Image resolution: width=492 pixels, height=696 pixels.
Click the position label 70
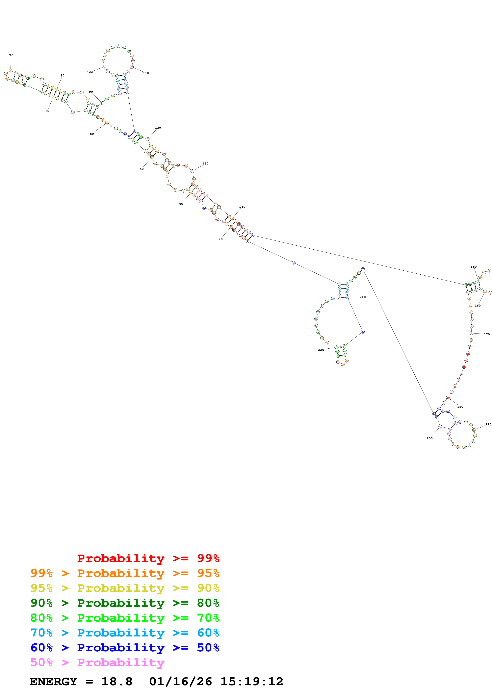pos(11,55)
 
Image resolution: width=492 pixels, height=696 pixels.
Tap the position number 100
pos(90,72)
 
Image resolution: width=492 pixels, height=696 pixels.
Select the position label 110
pos(146,73)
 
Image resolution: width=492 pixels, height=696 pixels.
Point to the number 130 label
pos(206,163)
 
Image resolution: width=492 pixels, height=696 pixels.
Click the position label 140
pos(242,207)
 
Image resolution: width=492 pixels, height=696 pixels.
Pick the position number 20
pos(220,239)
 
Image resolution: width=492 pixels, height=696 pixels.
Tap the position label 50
pos(92,134)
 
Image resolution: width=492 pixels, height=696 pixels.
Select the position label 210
pos(363,297)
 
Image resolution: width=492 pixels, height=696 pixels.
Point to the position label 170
pos(487,334)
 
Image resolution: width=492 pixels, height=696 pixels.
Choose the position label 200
pos(429,438)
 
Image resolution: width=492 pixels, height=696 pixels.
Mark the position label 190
pos(488,424)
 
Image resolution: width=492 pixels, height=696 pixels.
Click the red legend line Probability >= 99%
pos(148,558)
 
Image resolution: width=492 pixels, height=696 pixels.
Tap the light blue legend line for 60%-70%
pos(125,633)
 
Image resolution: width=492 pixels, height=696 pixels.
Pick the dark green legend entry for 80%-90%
pos(125,603)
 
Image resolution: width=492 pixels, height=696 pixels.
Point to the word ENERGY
pos(53,682)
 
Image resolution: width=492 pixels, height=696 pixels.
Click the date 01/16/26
pos(180,682)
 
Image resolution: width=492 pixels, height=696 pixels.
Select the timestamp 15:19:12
pos(252,682)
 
